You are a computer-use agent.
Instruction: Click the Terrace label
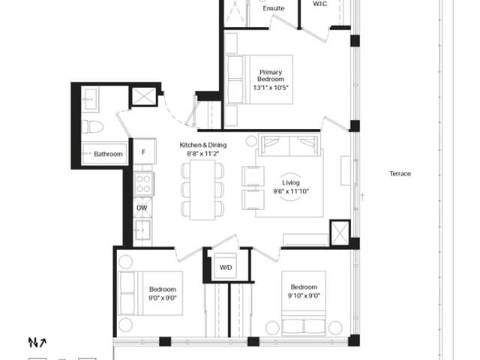(x=400, y=173)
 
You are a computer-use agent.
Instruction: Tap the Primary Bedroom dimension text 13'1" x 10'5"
(x=271, y=88)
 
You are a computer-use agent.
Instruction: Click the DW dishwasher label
(x=142, y=208)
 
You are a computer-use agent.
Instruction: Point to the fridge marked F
(x=145, y=151)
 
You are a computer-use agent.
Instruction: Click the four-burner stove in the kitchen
(x=143, y=183)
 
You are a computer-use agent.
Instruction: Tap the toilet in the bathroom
(x=92, y=127)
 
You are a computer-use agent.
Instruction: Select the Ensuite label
(x=274, y=8)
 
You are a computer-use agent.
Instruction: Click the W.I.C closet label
(x=320, y=4)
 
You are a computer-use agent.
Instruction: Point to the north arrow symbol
(x=37, y=342)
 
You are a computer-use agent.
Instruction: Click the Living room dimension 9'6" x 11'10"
(x=291, y=192)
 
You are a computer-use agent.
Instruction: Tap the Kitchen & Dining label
(x=203, y=145)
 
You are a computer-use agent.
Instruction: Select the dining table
(x=202, y=190)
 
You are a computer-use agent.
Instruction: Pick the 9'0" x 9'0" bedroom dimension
(x=163, y=298)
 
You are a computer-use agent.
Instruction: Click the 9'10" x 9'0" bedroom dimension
(x=304, y=295)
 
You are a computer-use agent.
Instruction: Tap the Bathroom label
(x=108, y=154)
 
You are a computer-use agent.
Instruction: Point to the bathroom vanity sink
(x=90, y=98)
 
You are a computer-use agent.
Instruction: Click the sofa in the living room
(x=289, y=145)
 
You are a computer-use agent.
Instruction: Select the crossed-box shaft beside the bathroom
(x=143, y=97)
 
